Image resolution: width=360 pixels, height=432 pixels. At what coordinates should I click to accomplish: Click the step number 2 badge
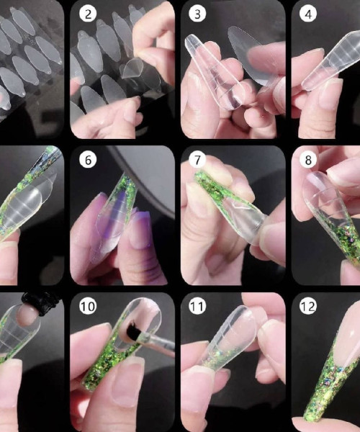88,14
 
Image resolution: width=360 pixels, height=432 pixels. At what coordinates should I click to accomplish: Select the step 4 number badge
308,14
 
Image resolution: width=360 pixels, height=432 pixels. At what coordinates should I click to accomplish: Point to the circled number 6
88,160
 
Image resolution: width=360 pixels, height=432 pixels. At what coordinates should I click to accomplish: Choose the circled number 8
308,160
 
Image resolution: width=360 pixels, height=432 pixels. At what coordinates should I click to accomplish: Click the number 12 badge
308,307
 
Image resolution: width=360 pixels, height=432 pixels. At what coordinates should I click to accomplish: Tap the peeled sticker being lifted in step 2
133,68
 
